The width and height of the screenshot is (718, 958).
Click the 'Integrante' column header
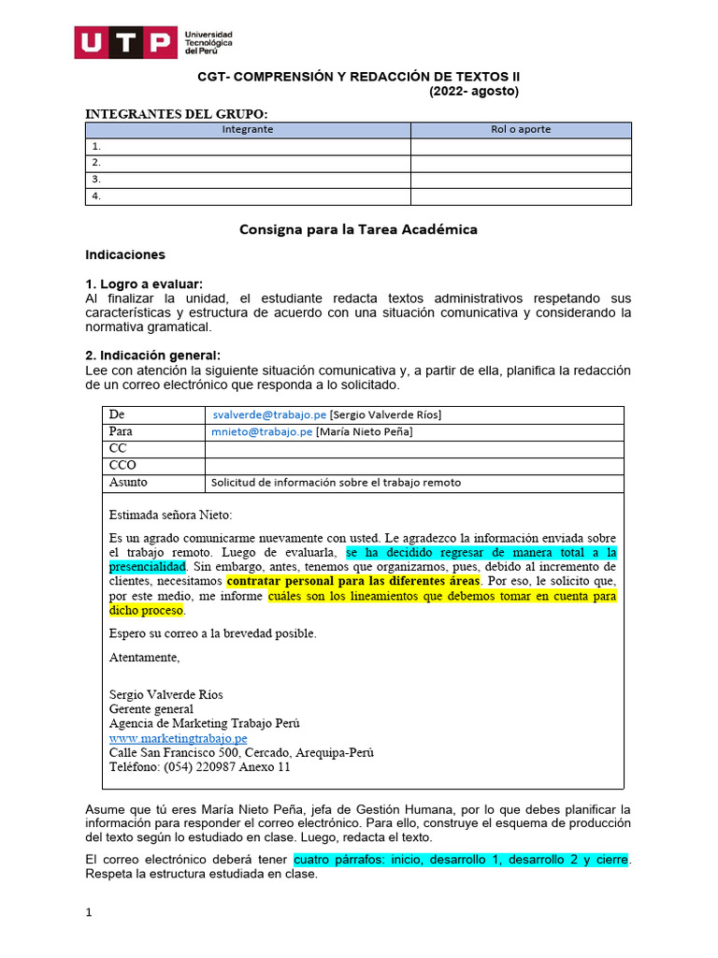tap(248, 130)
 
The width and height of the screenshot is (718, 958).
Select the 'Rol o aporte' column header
tap(521, 130)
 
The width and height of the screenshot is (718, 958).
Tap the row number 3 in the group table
tap(95, 180)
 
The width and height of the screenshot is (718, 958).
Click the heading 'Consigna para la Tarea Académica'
tap(358, 229)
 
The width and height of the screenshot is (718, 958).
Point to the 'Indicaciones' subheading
tap(124, 254)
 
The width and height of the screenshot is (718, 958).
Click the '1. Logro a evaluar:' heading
tap(143, 284)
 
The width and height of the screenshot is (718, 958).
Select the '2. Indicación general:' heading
tap(152, 355)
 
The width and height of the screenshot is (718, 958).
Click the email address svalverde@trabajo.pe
tap(268, 414)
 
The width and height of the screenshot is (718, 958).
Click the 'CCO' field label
tap(123, 465)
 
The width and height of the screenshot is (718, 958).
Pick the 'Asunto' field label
tap(128, 483)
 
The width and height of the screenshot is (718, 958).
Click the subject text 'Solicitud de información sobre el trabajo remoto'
tap(336, 483)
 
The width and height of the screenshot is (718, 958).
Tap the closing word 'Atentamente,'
tap(144, 657)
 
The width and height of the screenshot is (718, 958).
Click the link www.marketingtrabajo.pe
tap(178, 738)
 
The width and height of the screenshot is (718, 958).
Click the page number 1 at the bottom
tap(89, 914)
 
